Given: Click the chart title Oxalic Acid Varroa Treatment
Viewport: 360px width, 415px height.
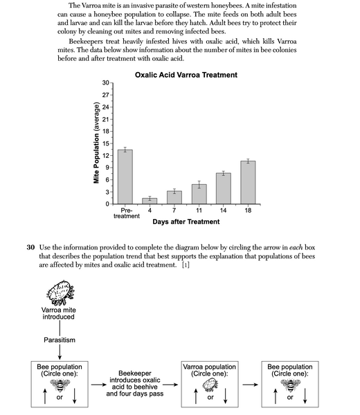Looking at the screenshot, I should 186,74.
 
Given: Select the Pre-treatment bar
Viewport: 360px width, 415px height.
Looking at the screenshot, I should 125,177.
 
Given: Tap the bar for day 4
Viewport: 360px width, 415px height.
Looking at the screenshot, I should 150,200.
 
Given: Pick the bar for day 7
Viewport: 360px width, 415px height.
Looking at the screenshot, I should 174,197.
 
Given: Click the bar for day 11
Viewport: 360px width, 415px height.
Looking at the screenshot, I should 199,194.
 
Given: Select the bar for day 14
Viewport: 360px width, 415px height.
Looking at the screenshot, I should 223,188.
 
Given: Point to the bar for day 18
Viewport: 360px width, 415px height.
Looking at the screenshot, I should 248,182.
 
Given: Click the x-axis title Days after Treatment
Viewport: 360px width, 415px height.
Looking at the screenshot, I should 186,222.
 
